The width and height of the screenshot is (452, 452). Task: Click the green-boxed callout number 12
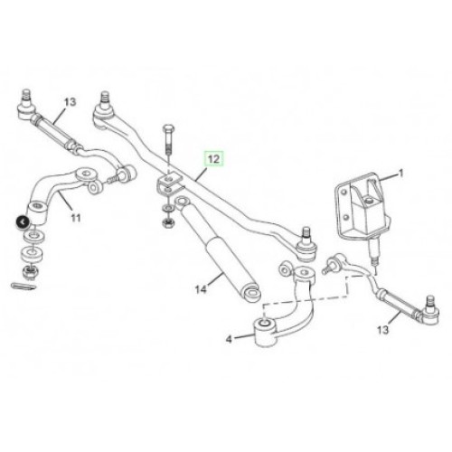click(213, 159)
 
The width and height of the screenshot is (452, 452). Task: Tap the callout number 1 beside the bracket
click(400, 174)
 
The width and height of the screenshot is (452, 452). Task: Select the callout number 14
click(201, 289)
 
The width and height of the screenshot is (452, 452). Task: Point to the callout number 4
click(229, 339)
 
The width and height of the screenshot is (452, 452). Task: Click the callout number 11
click(76, 217)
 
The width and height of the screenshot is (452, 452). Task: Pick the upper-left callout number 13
click(70, 102)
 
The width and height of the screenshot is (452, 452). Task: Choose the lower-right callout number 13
click(383, 330)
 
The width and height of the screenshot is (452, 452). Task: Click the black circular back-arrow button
click(23, 222)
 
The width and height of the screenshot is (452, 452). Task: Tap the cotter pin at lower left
click(24, 287)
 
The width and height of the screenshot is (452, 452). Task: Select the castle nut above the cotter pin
click(29, 271)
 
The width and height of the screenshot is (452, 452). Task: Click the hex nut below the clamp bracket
click(166, 223)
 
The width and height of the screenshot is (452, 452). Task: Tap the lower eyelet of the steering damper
click(251, 293)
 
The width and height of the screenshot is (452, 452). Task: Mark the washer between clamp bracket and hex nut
click(167, 208)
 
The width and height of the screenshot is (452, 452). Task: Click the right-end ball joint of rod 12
click(305, 245)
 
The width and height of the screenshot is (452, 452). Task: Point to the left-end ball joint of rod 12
click(103, 108)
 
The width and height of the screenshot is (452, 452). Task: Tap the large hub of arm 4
click(265, 333)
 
